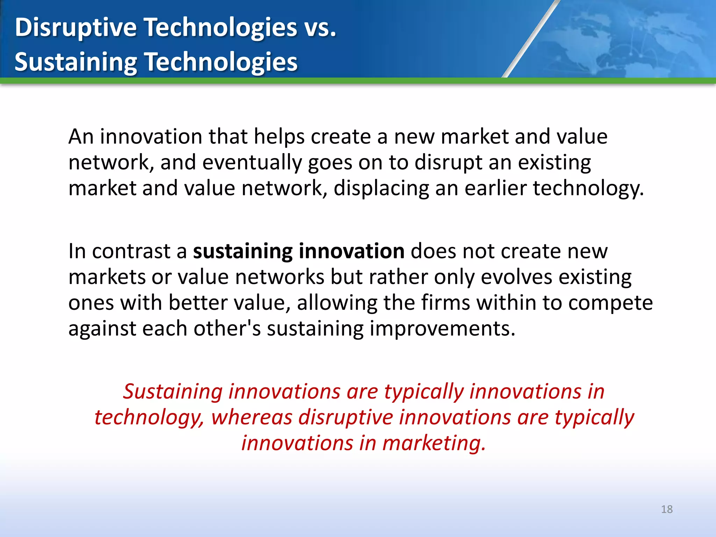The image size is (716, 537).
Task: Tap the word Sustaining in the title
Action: click(x=76, y=62)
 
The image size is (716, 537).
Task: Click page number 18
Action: click(x=667, y=509)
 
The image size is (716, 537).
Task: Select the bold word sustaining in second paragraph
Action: click(x=243, y=251)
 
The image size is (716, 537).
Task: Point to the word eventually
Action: click(x=252, y=163)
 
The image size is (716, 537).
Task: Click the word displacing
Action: click(x=381, y=189)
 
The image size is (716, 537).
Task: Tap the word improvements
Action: click(x=442, y=329)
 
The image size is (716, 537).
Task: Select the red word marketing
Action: click(x=434, y=443)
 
